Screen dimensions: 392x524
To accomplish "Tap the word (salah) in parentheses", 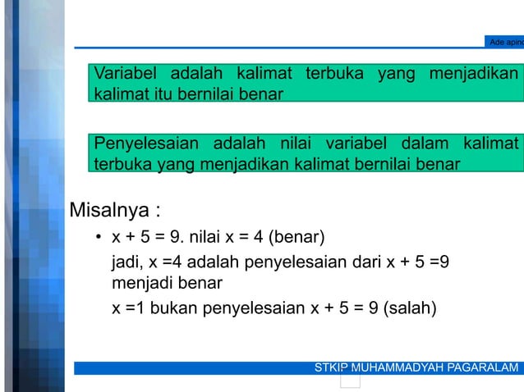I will (x=411, y=309).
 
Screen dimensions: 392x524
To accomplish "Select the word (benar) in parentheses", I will (x=298, y=239).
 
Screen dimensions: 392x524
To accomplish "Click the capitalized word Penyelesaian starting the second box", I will (x=147, y=144).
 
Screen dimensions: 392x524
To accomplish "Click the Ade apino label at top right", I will (x=504, y=42).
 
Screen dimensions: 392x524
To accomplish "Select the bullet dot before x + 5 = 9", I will (x=98, y=239).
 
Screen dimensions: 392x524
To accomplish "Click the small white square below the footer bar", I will (x=350, y=381).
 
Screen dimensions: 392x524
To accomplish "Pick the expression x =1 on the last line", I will (x=127, y=309).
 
